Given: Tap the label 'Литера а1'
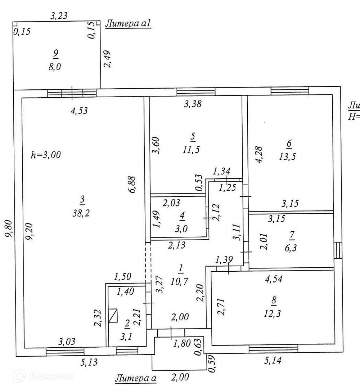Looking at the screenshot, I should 128,24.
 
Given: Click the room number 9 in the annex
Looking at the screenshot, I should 55,53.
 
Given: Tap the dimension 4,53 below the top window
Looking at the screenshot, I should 79,110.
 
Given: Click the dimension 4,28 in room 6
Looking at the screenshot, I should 258,155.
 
